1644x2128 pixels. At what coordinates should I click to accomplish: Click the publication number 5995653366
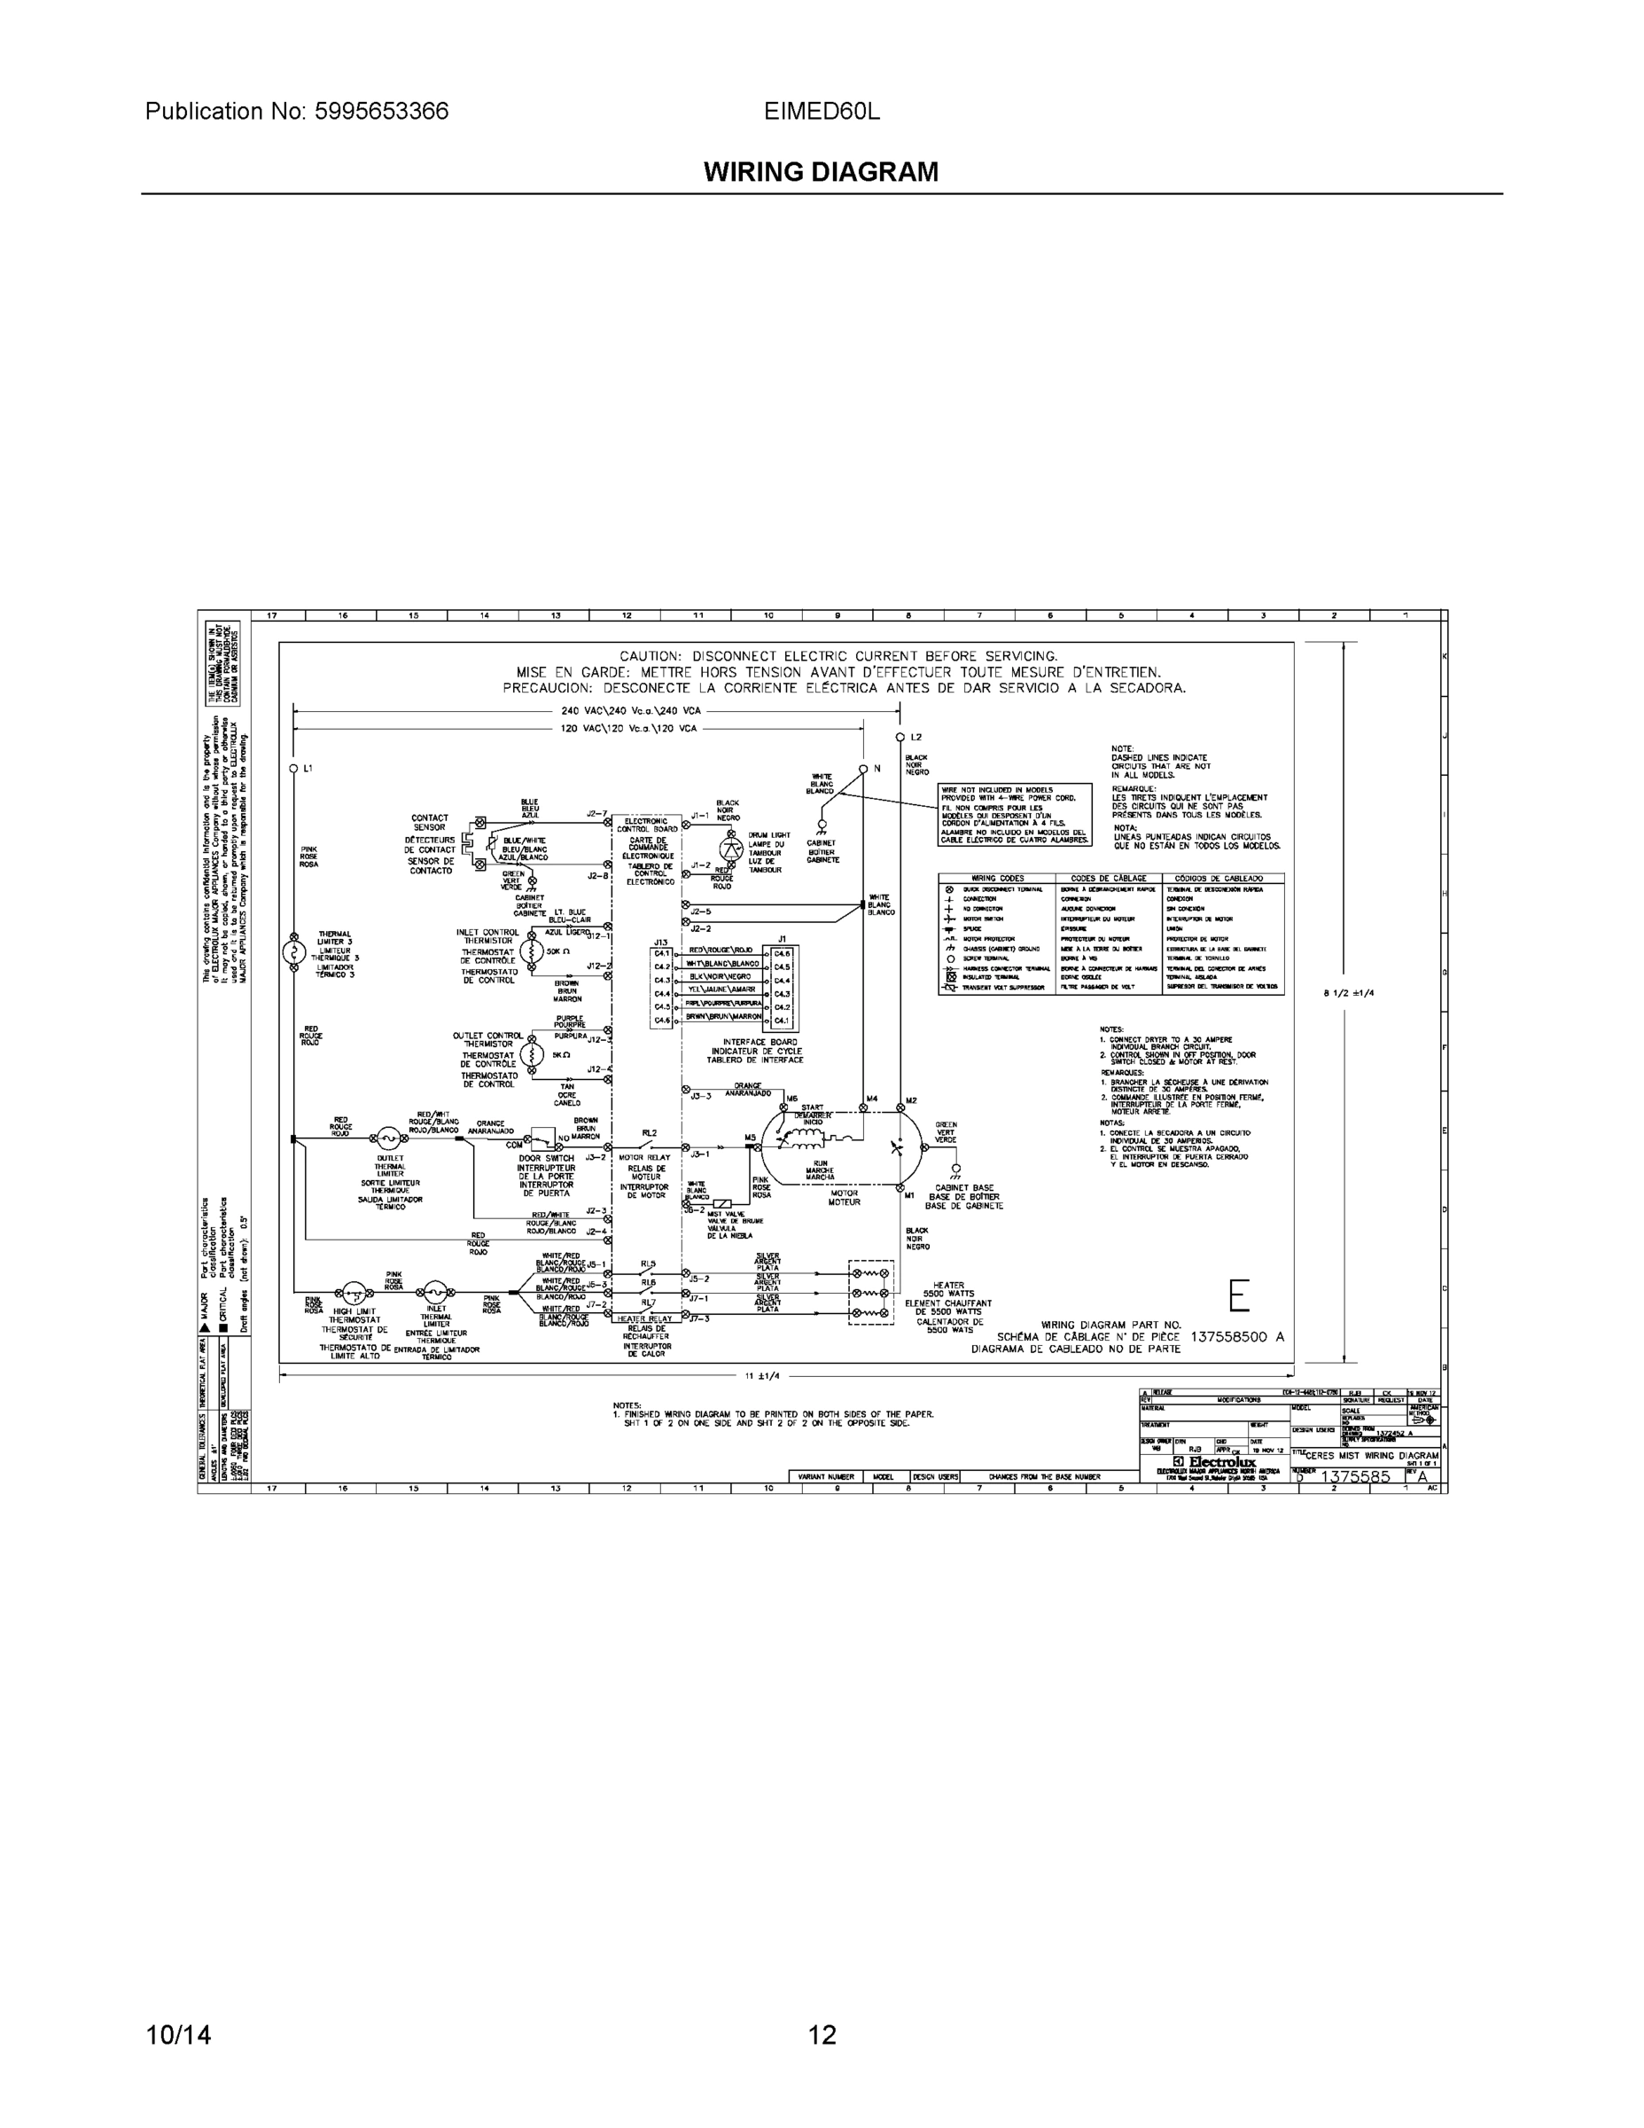381,111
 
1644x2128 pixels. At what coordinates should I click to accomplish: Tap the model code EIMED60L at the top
821,111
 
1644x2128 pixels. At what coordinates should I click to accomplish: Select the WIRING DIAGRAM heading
821,173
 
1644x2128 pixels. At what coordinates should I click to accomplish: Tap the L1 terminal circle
293,769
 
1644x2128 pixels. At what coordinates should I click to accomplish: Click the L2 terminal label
915,738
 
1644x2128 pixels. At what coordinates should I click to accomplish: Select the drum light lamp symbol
730,846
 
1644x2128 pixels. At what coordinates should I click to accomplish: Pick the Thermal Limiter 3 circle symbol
293,952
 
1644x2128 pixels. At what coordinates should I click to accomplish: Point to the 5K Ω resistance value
560,1054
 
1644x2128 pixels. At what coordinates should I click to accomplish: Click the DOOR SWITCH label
547,1159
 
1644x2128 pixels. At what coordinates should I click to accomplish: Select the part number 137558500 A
1237,1337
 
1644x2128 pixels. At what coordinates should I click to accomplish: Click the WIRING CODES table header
997,878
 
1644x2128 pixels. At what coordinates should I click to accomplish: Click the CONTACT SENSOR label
430,822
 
